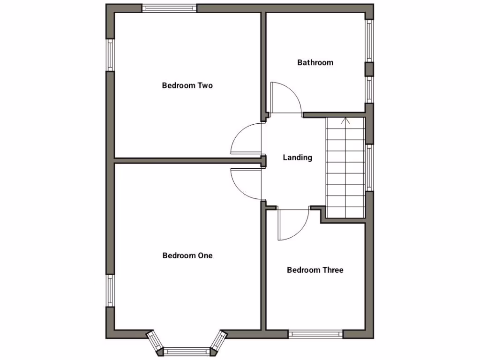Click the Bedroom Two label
click(x=187, y=85)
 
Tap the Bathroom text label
click(x=315, y=62)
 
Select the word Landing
click(x=297, y=157)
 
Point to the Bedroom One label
click(x=187, y=255)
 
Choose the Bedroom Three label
click(x=315, y=270)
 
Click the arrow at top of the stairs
click(x=346, y=121)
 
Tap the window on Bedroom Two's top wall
click(x=169, y=8)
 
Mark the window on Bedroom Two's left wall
click(x=110, y=54)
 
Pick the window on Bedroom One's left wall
click(x=110, y=291)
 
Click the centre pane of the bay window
click(x=187, y=351)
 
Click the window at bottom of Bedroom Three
click(x=315, y=334)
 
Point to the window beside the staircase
click(x=369, y=167)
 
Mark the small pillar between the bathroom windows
click(x=369, y=69)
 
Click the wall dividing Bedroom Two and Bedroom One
click(x=187, y=160)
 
